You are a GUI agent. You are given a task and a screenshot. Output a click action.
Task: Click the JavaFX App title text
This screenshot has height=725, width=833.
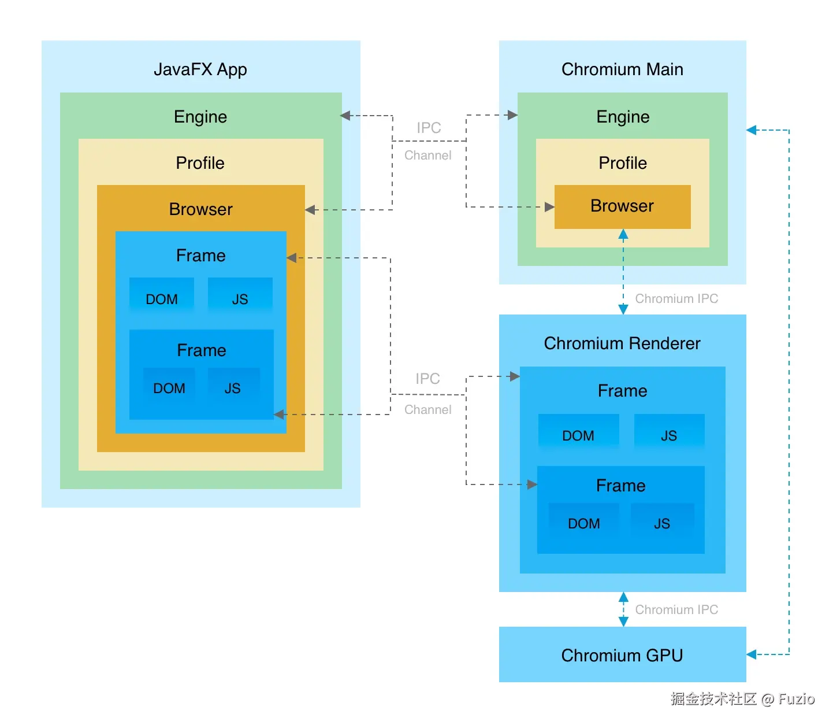[200, 69]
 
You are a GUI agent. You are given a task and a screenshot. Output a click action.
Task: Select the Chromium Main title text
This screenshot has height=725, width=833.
[622, 69]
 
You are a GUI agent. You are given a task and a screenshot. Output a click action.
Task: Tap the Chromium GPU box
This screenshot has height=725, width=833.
[622, 655]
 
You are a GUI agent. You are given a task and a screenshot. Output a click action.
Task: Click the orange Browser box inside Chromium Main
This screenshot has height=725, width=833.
[622, 206]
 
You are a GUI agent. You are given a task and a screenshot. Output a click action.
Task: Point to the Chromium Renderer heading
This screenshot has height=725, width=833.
[622, 343]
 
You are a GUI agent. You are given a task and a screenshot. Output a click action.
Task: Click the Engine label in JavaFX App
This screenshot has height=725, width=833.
[200, 117]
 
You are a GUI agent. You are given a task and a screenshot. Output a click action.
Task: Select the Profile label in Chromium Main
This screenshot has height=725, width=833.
[622, 163]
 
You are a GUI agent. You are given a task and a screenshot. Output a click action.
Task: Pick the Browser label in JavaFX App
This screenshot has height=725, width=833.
[200, 209]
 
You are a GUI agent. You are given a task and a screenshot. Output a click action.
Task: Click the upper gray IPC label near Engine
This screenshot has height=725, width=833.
[429, 128]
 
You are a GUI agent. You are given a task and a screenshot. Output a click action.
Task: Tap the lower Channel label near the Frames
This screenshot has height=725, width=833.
[427, 410]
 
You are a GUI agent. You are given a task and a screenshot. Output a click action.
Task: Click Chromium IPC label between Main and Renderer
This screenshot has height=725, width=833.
[676, 299]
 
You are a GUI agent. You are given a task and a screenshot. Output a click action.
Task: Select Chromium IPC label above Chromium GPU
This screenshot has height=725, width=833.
[676, 610]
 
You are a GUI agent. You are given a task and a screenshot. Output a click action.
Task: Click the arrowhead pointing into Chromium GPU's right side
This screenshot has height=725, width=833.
[752, 654]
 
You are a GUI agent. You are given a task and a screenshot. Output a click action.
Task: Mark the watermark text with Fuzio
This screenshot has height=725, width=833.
[742, 699]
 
